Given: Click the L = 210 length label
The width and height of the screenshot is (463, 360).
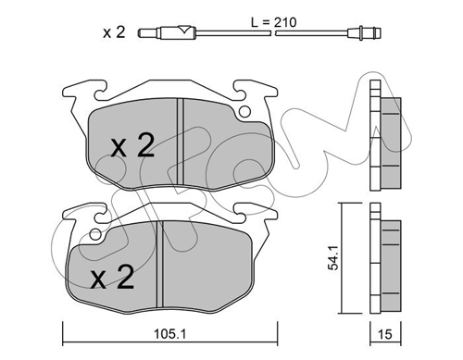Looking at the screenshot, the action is (273, 22).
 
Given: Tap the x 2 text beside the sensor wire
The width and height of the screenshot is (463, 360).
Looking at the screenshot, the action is (114, 32).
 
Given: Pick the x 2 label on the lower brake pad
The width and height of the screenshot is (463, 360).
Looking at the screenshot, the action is (112, 277).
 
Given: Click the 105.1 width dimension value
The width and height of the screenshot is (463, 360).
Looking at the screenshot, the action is (170, 334).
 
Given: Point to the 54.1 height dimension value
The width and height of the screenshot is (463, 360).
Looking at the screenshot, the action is (333, 258).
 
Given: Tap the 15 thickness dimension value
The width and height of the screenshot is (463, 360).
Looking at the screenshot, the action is (385, 334).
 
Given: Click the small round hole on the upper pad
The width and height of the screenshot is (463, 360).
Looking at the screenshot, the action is (245, 112).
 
